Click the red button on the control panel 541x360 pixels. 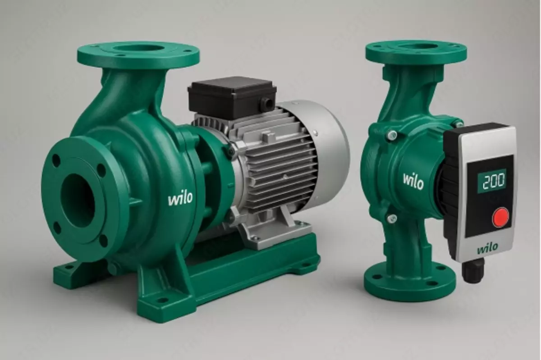[x=501, y=217]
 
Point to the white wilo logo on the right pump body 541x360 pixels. [x=413, y=182]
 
